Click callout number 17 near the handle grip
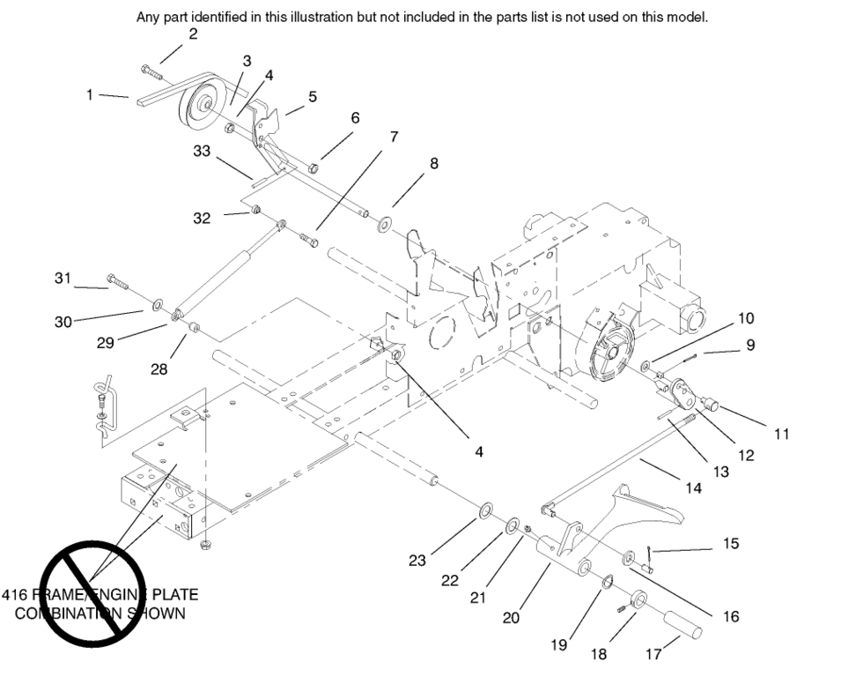click(x=653, y=653)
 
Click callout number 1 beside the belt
click(x=90, y=94)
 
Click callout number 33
click(x=202, y=151)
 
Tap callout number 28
click(x=159, y=369)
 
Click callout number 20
click(x=511, y=617)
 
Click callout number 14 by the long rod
click(x=694, y=487)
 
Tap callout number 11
click(x=781, y=433)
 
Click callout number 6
click(x=355, y=117)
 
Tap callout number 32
click(x=202, y=218)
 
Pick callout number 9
click(x=750, y=346)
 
